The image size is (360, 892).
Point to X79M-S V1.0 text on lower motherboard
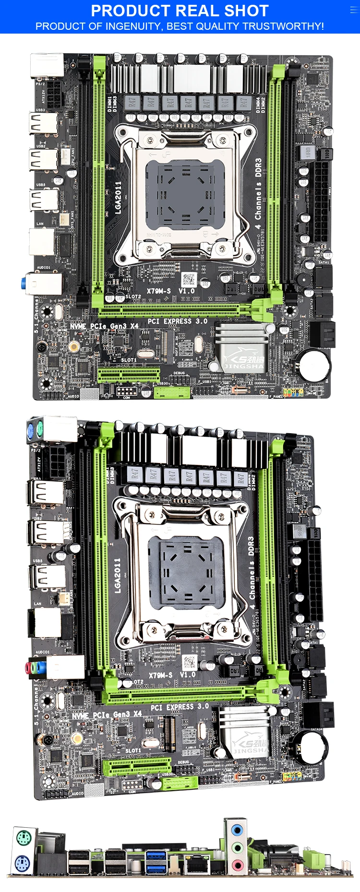point(172,675)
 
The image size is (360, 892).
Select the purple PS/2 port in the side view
point(23,864)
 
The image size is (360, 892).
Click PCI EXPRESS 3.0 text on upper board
point(178,321)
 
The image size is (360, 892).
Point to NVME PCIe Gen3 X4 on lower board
point(107,715)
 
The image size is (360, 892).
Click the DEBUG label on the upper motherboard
point(179,373)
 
